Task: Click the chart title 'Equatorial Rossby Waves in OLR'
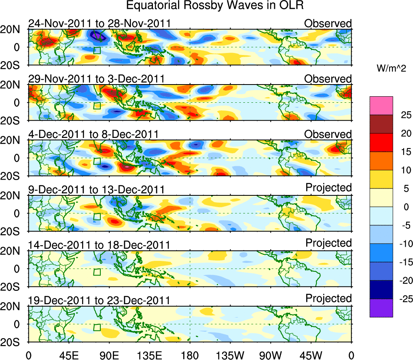pos(215,6)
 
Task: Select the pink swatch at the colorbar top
pos(381,106)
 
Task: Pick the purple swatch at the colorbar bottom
pos(381,308)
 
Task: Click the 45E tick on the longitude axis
pos(68,355)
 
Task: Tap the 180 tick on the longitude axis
pos(190,355)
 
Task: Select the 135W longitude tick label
pos(230,355)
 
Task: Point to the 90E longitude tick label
pos(109,355)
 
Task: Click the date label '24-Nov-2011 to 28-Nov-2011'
pos(100,24)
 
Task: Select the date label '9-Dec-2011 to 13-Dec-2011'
pos(96,190)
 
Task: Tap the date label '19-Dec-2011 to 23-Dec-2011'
pos(99,301)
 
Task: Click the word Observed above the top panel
pos(328,23)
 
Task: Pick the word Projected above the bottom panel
pos(328,299)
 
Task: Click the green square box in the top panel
pos(97,50)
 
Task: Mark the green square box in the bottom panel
pos(97,327)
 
